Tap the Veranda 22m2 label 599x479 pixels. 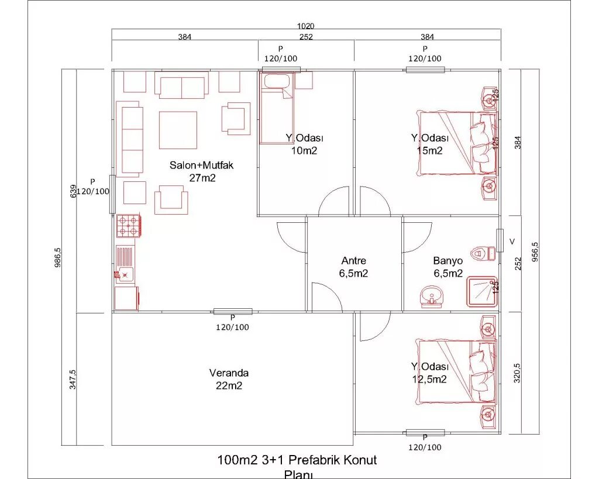coord(229,379)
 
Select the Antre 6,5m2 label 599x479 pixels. coord(354,267)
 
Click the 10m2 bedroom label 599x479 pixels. coord(305,144)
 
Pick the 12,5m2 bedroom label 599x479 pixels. coord(429,373)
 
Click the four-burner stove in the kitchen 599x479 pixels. coord(128,226)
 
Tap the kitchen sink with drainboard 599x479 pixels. coord(125,265)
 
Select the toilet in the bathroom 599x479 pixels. coord(484,253)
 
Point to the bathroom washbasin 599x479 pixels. coord(432,296)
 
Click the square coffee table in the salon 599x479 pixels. coord(178,130)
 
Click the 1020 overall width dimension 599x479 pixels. coord(305,26)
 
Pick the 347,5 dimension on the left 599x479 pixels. coord(71,379)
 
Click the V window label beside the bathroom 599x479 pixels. coord(512,241)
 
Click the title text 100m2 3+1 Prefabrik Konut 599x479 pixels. coord(297,460)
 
